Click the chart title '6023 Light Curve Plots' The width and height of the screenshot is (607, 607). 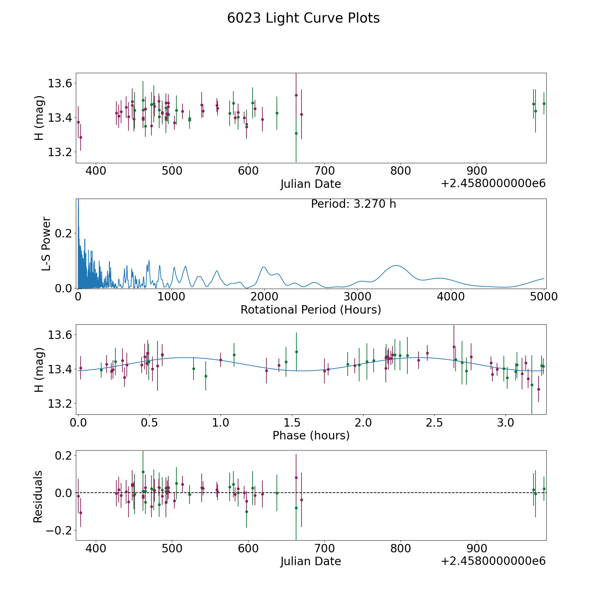pos(303,18)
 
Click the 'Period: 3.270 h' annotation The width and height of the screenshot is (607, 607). pos(353,204)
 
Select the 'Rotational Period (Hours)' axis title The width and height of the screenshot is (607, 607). pos(311,310)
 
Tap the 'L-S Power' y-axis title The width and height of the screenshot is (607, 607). pos(46,244)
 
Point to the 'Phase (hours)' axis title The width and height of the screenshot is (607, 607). pos(311,435)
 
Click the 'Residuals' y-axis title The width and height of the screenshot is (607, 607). pos(38,497)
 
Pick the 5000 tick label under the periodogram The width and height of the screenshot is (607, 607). pos(544,297)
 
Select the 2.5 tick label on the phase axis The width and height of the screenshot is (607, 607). pos(434,423)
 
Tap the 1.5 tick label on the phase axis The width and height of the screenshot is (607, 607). pos(292,423)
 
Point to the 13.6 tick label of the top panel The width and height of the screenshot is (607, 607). pos(60,83)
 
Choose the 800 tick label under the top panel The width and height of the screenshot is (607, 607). pos(401,171)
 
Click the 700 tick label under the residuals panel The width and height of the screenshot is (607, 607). pos(324,548)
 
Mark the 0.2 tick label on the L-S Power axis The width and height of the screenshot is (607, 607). pos(64,233)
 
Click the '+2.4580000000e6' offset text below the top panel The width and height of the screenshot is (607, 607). pos(493,184)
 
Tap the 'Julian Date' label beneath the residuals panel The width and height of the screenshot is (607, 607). pos(311,561)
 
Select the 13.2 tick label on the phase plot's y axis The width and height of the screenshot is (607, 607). pos(60,404)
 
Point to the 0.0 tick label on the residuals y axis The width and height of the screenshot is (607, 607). pos(64,493)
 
